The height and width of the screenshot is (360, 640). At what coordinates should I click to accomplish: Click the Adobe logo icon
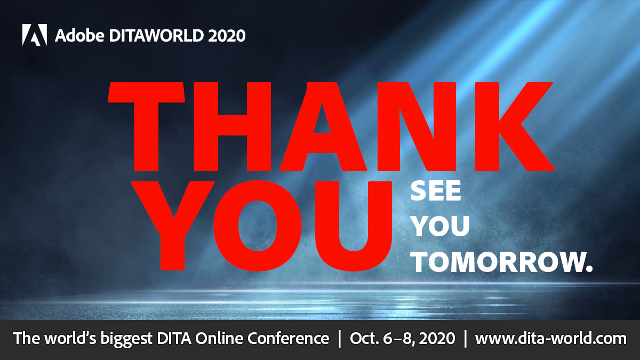pyautogui.click(x=35, y=35)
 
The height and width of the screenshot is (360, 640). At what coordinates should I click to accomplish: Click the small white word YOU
pyautogui.click(x=441, y=227)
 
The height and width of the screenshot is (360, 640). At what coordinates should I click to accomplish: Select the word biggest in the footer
pyautogui.click(x=133, y=339)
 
